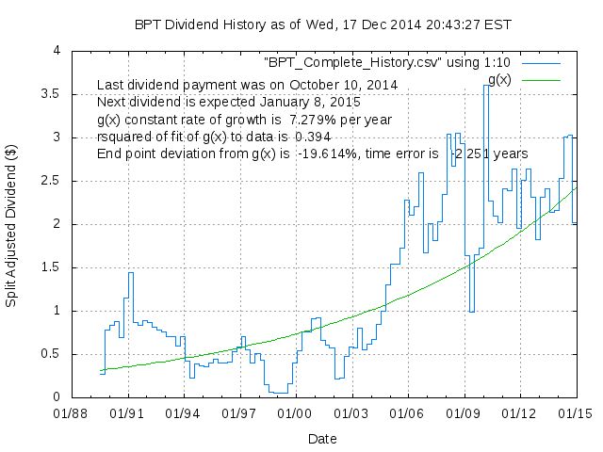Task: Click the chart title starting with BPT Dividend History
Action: point(311,24)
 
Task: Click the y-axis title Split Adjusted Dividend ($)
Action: point(12,224)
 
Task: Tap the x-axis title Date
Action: point(322,438)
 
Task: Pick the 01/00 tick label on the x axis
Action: point(295,412)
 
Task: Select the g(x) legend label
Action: point(496,79)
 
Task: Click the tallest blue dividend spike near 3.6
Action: point(486,86)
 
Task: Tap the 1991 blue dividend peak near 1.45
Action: point(130,273)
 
